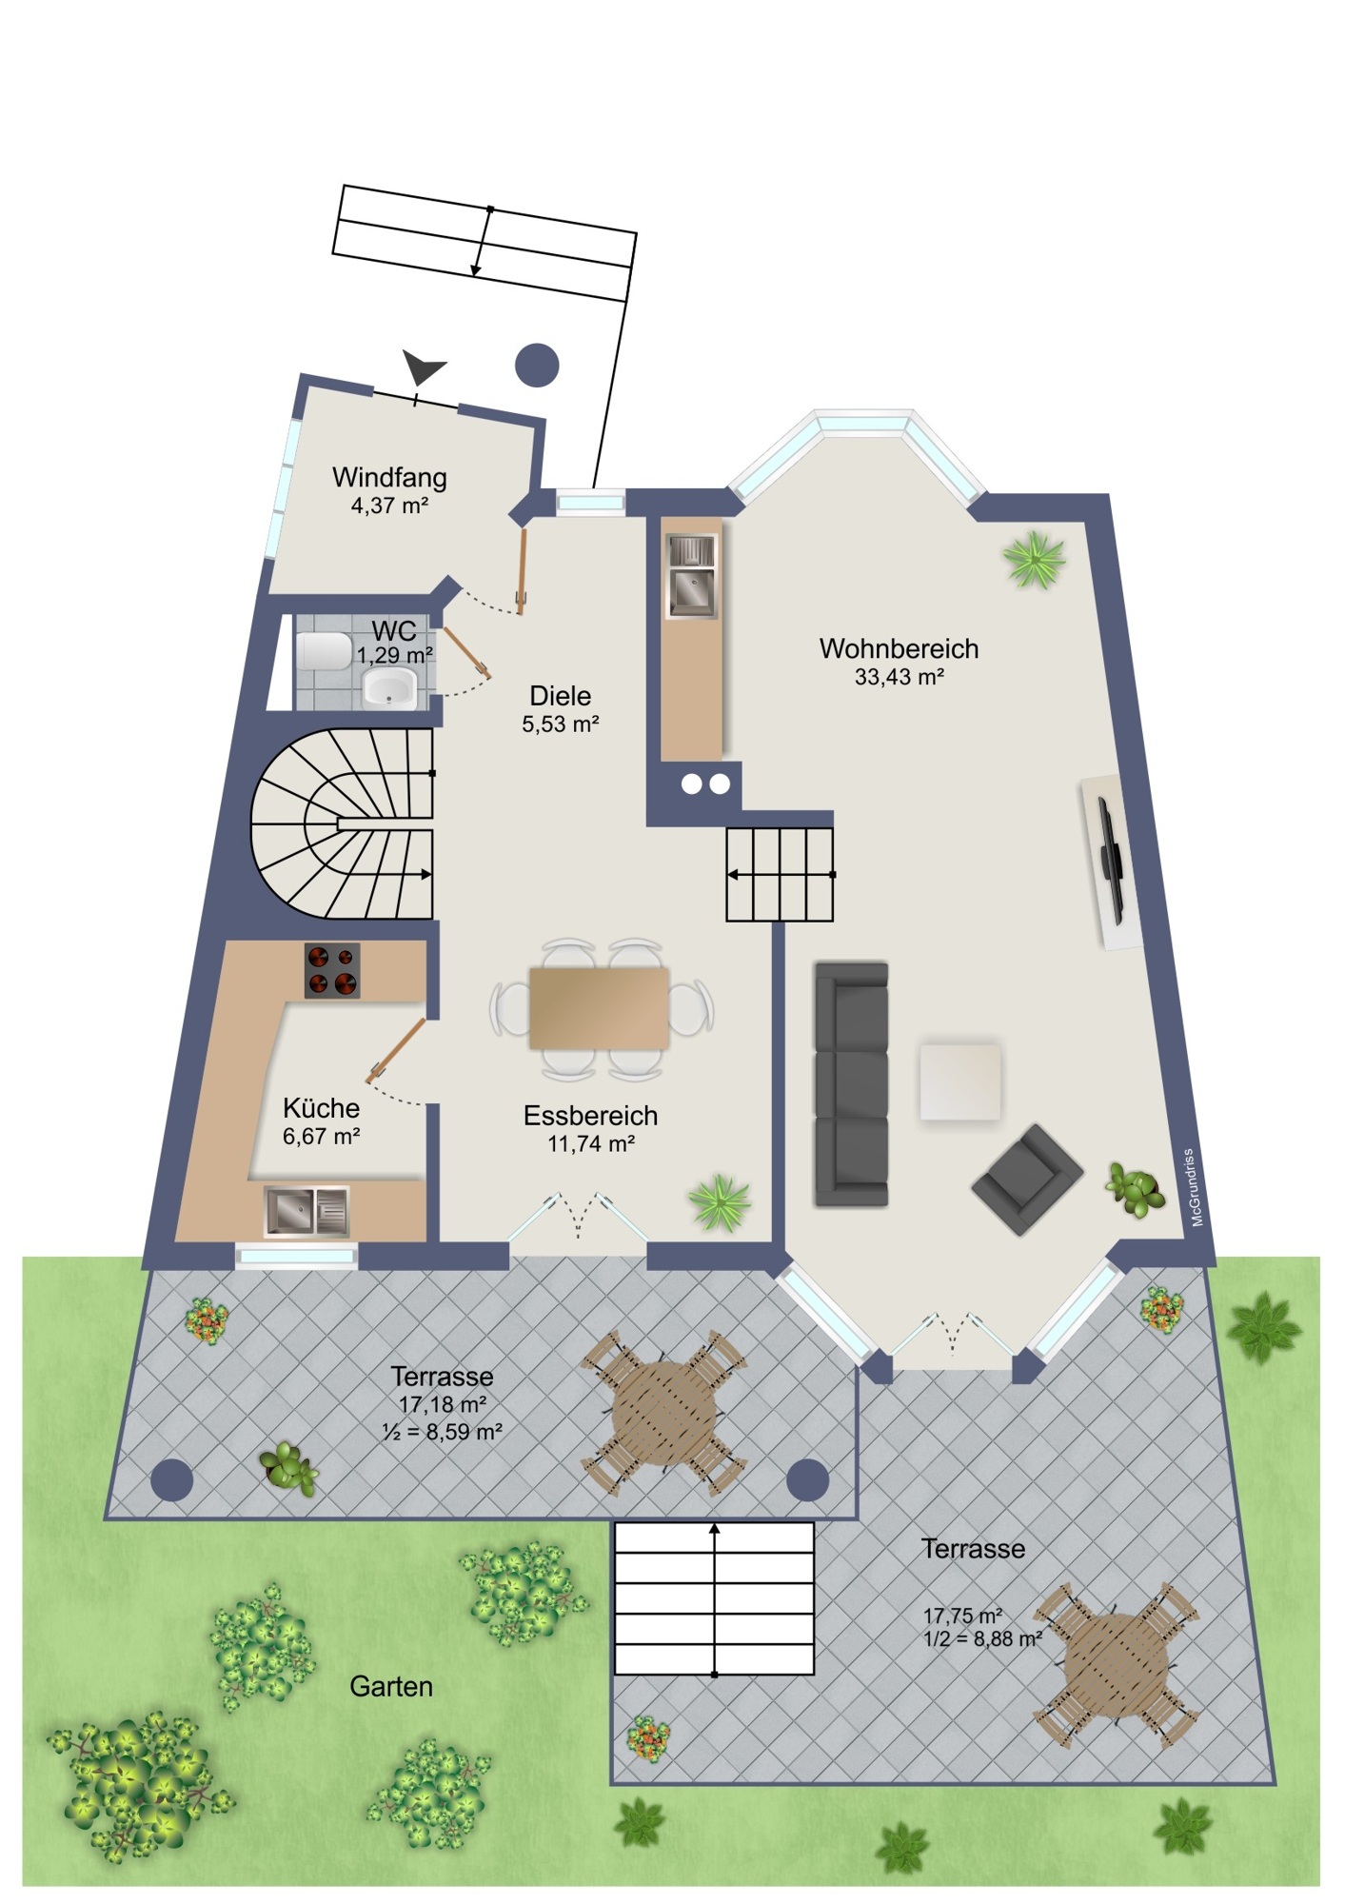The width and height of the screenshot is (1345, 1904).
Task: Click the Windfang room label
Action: pyautogui.click(x=389, y=477)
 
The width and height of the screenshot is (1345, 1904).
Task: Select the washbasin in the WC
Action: pyautogui.click(x=389, y=687)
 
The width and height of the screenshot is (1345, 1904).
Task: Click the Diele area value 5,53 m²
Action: pyautogui.click(x=560, y=724)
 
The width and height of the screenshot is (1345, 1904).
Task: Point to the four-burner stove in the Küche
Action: pyautogui.click(x=332, y=970)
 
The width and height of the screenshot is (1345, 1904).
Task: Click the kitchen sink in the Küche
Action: pyautogui.click(x=307, y=1211)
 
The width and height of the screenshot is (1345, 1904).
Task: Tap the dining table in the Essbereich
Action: pyautogui.click(x=600, y=1008)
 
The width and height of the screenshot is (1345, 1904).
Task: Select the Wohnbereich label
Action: pyautogui.click(x=899, y=649)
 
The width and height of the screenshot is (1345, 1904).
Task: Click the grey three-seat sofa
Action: pyautogui.click(x=851, y=1084)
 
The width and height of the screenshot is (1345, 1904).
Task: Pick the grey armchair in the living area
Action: pyautogui.click(x=1026, y=1179)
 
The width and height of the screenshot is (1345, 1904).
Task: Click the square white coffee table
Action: pyautogui.click(x=959, y=1081)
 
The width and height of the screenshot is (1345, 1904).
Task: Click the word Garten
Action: pyautogui.click(x=391, y=1686)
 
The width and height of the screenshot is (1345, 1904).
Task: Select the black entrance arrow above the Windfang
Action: pyautogui.click(x=423, y=367)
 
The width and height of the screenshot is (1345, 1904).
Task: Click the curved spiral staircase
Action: pyautogui.click(x=342, y=824)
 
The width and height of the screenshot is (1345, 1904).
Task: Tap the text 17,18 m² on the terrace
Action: pyautogui.click(x=443, y=1404)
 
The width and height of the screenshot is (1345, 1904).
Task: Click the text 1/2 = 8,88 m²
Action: pyautogui.click(x=982, y=1639)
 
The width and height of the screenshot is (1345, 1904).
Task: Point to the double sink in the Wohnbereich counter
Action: pyautogui.click(x=692, y=575)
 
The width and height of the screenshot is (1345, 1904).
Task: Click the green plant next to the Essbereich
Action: pyautogui.click(x=720, y=1202)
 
